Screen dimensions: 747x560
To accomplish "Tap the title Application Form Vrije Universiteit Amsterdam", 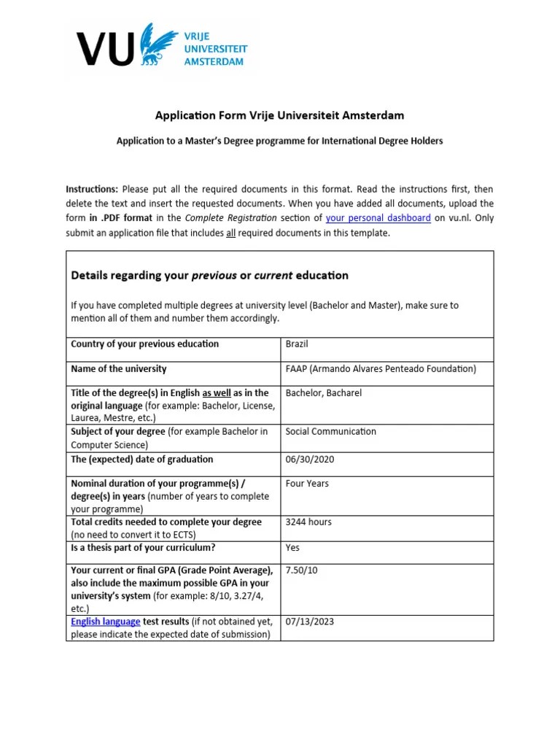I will click(279, 115).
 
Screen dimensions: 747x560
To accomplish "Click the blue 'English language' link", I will click(105, 622).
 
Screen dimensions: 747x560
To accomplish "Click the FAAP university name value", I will click(381, 369).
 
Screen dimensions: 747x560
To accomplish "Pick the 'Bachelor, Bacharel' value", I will click(323, 393).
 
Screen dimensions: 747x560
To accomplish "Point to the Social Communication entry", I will click(330, 432).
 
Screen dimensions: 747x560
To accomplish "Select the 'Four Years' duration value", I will click(307, 484).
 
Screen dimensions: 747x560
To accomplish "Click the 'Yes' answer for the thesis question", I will click(292, 548).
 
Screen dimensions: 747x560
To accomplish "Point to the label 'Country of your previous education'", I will click(144, 344).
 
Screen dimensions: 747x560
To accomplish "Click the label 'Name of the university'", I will click(118, 369).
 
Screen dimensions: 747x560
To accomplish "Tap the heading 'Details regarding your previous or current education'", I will click(209, 276).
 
